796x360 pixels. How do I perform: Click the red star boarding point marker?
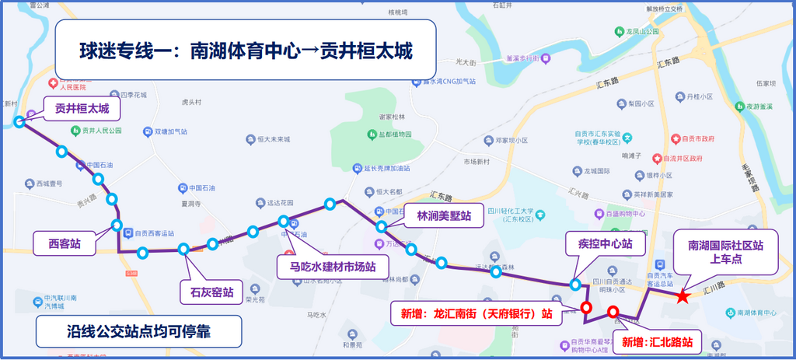682,295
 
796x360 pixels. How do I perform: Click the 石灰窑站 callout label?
208,292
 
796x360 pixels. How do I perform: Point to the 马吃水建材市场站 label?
327,267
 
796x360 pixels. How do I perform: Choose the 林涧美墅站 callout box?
444,217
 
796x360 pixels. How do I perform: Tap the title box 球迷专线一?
245,51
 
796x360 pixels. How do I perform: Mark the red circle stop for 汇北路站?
613,313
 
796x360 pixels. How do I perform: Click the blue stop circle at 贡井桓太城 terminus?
19,121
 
